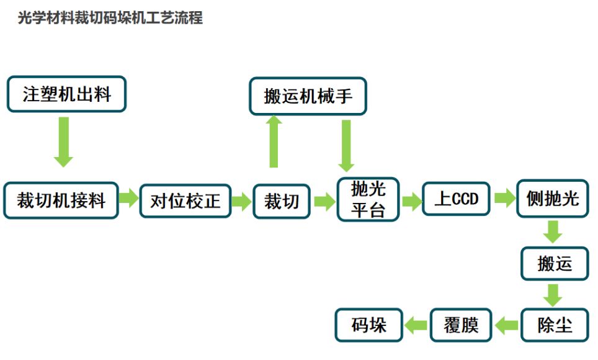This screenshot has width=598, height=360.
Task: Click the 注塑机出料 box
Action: tap(66, 94)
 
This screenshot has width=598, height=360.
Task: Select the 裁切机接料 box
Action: tap(61, 200)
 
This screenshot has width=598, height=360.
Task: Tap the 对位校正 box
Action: tap(185, 200)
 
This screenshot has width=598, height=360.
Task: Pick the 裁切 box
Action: tap(282, 200)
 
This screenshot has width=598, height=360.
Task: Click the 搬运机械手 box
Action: tap(308, 96)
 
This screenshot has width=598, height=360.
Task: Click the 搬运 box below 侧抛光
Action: tap(554, 264)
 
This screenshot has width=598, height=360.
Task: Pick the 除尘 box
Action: tap(554, 325)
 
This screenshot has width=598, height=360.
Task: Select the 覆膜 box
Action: tap(461, 325)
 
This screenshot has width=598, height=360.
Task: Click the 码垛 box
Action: tap(368, 325)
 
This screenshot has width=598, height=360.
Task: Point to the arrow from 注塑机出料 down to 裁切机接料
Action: tap(63, 142)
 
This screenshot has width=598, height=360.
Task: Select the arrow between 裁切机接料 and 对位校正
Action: tap(128, 199)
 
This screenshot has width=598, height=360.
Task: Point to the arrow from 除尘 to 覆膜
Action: tap(507, 325)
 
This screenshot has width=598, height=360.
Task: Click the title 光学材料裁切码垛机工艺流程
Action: tap(110, 18)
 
